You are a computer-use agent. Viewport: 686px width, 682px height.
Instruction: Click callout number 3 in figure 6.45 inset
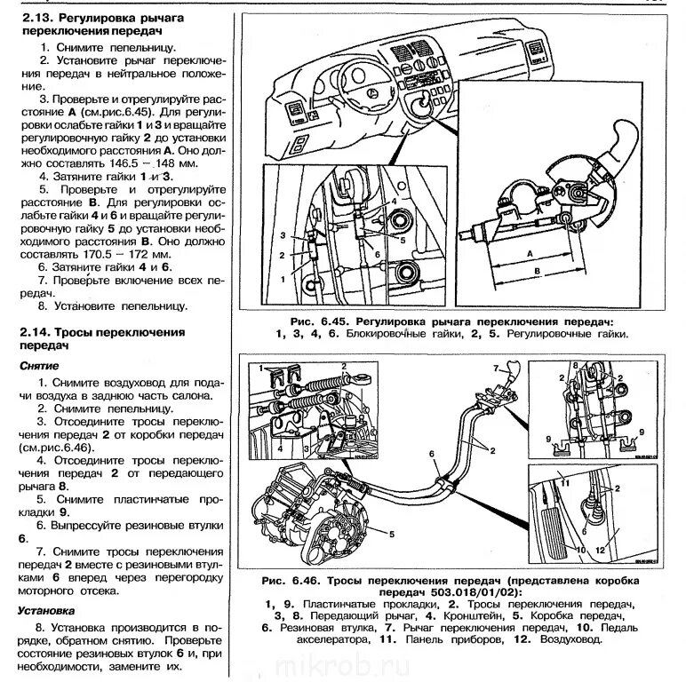pos(281,235)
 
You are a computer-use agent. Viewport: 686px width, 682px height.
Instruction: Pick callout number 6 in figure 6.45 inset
pos(376,254)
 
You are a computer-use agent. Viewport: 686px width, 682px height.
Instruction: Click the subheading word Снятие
pos(41,365)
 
